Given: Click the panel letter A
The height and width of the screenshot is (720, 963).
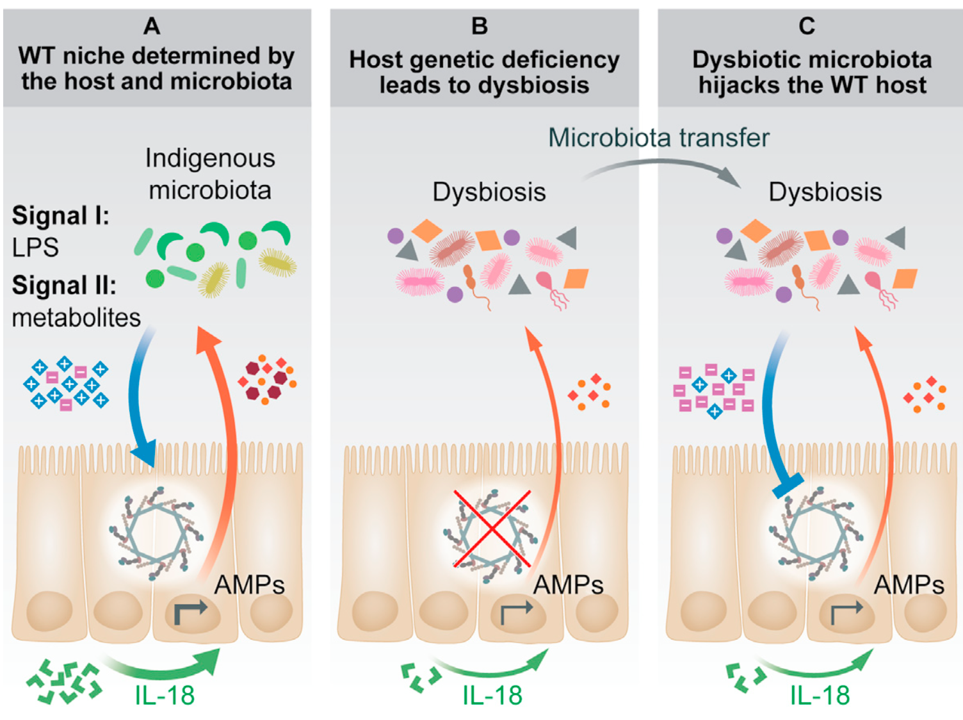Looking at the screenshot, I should click(152, 26).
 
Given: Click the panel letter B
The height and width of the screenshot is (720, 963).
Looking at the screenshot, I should click(480, 26).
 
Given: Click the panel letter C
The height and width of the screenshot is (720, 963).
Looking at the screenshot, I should click(807, 26).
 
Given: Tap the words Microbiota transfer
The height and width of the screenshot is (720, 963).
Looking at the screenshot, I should click(658, 138).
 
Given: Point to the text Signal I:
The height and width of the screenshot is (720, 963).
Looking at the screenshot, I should click(60, 216).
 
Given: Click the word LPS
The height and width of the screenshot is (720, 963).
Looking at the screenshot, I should click(35, 247).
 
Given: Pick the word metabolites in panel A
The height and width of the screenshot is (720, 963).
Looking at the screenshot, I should click(76, 318).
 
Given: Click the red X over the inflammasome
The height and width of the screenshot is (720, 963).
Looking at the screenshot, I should click(492, 528).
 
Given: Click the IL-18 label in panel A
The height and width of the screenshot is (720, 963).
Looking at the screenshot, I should click(165, 696).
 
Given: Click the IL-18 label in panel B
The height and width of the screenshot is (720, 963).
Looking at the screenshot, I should click(492, 696).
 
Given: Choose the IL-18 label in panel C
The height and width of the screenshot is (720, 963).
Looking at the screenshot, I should click(820, 696).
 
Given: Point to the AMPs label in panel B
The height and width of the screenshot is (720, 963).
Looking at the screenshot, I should click(568, 585).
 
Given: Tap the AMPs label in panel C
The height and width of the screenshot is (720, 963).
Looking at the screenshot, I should click(909, 585).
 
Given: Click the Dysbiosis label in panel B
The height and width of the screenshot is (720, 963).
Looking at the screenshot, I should click(489, 192).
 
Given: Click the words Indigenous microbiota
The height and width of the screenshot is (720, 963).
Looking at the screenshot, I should click(210, 174).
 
